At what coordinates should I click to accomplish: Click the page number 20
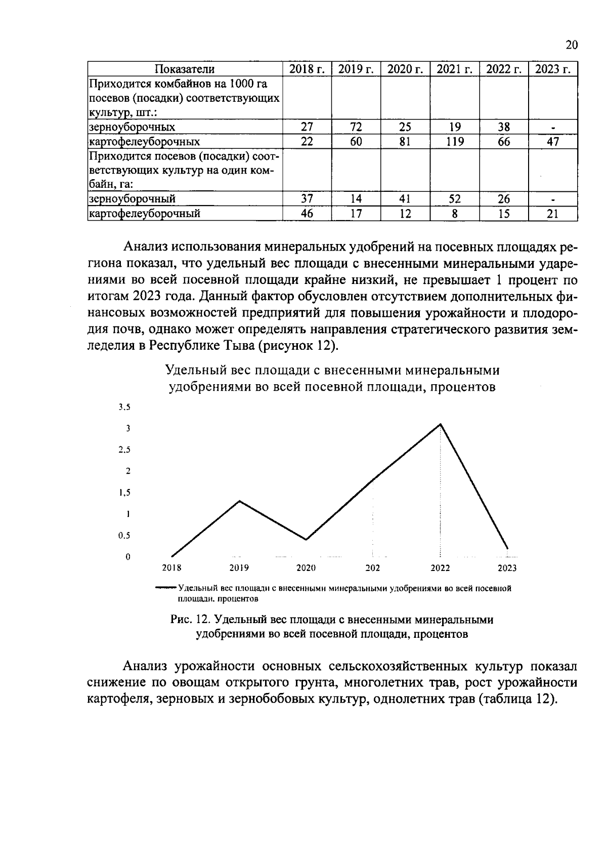coord(571,45)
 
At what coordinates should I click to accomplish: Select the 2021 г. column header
coord(454,69)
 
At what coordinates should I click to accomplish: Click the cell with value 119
coord(454,142)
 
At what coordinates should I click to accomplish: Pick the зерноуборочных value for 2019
coord(356,127)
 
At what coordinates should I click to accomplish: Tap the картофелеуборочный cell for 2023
coord(552,214)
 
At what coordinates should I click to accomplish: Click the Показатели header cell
coord(185,69)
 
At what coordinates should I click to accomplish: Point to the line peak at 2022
coord(441,424)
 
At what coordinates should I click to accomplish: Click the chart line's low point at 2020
coord(306,539)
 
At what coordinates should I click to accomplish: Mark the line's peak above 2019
coord(239,501)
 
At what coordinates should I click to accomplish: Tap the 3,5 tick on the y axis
coord(124,407)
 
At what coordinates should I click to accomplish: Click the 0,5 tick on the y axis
coord(124,536)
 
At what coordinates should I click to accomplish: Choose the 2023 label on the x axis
coord(507,568)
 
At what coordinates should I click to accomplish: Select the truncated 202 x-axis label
coord(373,568)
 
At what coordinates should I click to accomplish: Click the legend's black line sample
coord(166,588)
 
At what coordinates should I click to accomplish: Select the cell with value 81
coord(405,142)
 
